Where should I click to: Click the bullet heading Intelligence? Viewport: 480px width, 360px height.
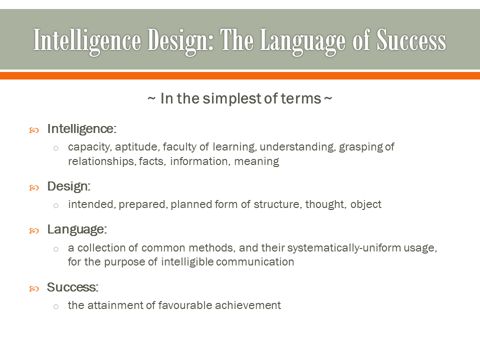pyautogui.click(x=81, y=129)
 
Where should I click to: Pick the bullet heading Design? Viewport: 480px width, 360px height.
pyautogui.click(x=69, y=186)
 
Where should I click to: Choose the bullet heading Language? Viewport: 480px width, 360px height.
pyautogui.click(x=77, y=229)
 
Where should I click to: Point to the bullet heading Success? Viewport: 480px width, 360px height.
pyautogui.click(x=73, y=287)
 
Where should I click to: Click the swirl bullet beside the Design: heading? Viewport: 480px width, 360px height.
pyautogui.click(x=34, y=188)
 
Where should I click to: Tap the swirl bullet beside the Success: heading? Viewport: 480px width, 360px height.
pyautogui.click(x=34, y=289)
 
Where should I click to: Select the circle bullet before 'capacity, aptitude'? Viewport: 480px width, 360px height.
pyautogui.click(x=56, y=148)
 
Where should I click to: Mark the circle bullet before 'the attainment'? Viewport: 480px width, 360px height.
pyautogui.click(x=56, y=306)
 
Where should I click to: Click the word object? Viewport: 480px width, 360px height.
pyautogui.click(x=366, y=204)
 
